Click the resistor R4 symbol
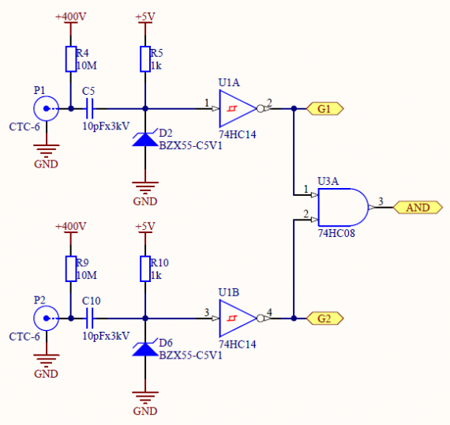point(71,59)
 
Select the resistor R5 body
point(145,59)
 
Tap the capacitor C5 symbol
point(89,108)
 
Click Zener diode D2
point(145,139)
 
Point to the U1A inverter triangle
point(238,108)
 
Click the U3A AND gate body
point(343,207)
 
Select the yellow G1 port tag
point(325,109)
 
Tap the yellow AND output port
point(418,207)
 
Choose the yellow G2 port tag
point(325,318)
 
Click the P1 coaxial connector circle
point(46,108)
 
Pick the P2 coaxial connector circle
point(46,318)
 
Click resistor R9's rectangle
point(71,269)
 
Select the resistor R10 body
point(145,269)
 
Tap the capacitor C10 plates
point(89,318)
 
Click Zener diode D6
point(145,349)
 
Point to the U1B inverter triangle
point(238,318)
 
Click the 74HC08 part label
point(336,233)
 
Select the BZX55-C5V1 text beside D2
point(190,146)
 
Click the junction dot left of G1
point(294,108)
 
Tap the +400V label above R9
point(70,226)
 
